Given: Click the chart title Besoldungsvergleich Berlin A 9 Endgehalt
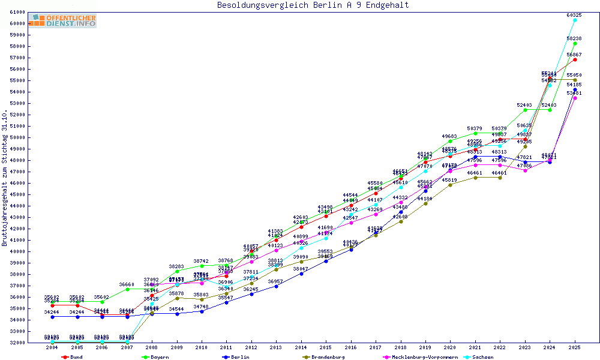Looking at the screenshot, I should [313, 5].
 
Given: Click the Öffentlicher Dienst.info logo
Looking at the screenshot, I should [64, 21].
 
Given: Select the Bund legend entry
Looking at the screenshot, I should [72, 357].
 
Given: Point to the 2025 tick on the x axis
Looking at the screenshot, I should [575, 347].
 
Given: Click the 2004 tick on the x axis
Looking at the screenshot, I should [53, 347].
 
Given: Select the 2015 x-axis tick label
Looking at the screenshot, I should [326, 347].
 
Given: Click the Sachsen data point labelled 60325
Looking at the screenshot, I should [575, 20].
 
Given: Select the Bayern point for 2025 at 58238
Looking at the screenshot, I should [575, 43].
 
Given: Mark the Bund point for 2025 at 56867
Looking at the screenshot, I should [575, 59].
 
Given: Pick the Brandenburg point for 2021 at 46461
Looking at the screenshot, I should [475, 178].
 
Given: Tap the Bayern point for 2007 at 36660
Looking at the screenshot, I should [127, 289].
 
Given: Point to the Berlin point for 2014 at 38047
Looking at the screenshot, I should [301, 274].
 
